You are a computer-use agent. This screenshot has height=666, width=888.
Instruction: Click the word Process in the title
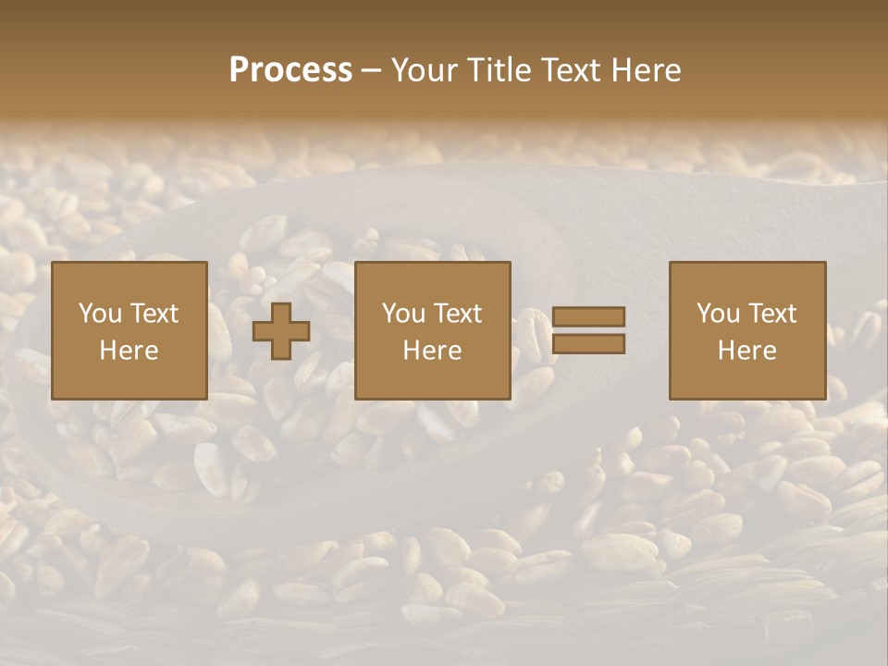click(290, 70)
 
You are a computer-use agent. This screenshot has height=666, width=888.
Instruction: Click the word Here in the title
click(647, 70)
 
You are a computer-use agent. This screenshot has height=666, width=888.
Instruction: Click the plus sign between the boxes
click(281, 330)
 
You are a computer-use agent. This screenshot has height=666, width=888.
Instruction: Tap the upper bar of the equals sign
click(588, 316)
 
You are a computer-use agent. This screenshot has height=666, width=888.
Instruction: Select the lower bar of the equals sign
click(588, 344)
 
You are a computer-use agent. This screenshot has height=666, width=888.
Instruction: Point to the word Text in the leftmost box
click(154, 314)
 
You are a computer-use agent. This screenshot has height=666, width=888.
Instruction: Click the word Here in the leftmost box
click(129, 351)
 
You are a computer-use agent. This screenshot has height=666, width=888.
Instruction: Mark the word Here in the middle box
click(433, 351)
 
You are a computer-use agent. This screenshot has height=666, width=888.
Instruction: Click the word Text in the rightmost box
click(771, 314)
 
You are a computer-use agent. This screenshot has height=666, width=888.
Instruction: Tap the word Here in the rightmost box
click(747, 351)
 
